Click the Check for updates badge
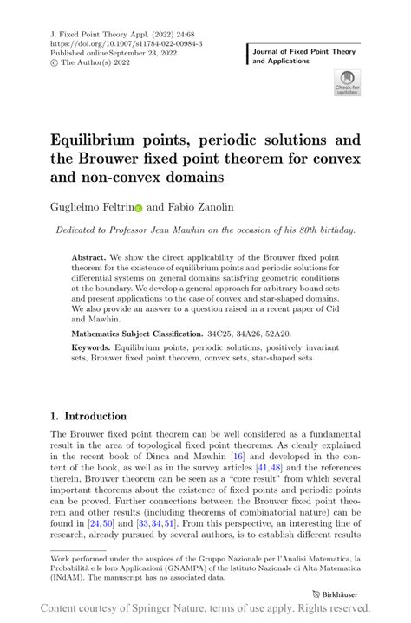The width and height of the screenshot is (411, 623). coord(347,82)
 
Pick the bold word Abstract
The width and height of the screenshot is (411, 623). coord(90,257)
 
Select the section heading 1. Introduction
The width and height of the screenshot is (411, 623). coord(88,416)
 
